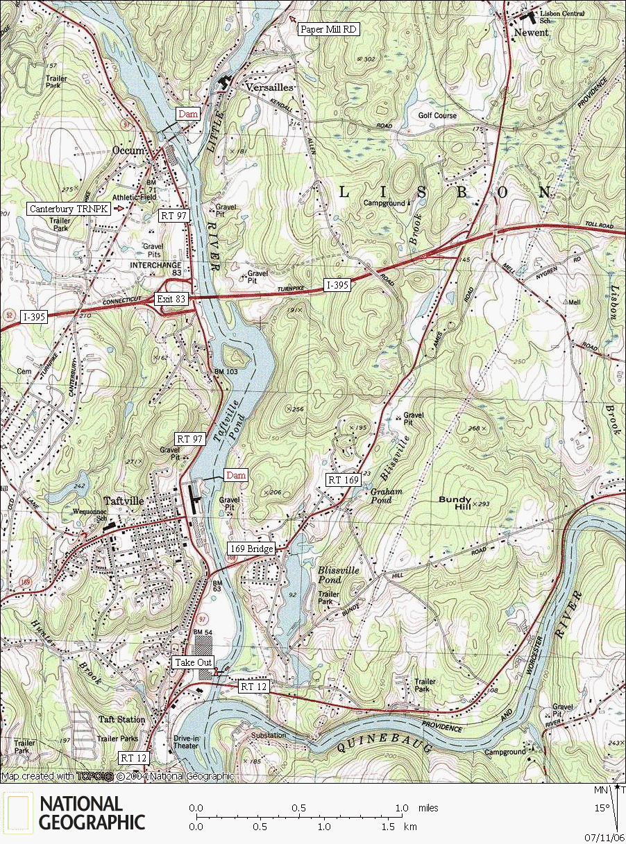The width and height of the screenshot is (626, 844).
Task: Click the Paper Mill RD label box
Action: click(x=328, y=29)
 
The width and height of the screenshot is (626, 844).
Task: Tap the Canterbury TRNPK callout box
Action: click(x=69, y=208)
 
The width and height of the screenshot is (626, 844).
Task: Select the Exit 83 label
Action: click(x=171, y=299)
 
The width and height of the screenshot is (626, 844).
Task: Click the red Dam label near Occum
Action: click(x=188, y=114)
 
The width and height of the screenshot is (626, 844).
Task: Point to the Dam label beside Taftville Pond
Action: click(x=235, y=475)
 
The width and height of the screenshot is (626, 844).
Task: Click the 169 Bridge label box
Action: click(x=251, y=549)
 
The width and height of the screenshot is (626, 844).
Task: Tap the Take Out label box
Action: click(x=194, y=662)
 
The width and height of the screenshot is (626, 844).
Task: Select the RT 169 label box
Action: click(x=344, y=479)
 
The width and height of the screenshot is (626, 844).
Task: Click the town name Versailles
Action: click(x=270, y=88)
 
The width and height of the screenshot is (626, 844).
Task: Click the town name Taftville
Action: click(x=123, y=501)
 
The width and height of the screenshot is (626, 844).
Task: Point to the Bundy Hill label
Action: click(x=455, y=503)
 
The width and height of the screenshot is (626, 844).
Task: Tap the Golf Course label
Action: click(x=437, y=115)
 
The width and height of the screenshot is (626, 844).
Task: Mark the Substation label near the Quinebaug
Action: click(x=269, y=734)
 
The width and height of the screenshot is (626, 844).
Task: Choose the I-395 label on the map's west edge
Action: click(x=34, y=316)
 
